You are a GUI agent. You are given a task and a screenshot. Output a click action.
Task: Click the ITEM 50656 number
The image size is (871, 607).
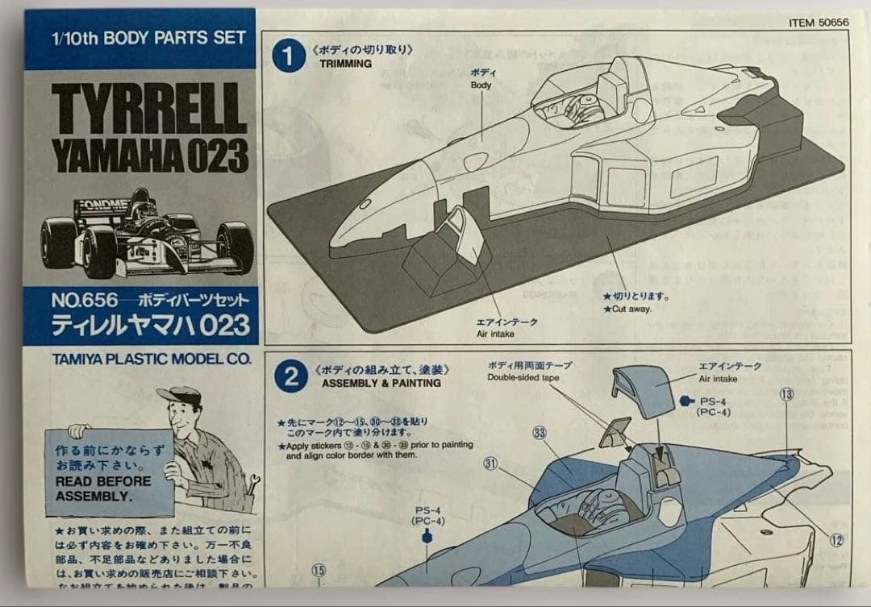819,23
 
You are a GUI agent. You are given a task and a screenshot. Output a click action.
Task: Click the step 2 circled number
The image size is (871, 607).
291,376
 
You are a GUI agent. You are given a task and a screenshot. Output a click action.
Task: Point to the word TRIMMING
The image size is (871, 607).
346,64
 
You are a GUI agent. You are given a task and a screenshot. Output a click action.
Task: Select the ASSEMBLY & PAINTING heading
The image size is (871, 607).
381,383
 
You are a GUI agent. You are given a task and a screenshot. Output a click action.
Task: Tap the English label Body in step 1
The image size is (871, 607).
481,85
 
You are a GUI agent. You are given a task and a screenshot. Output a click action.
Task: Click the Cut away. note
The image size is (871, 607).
627,309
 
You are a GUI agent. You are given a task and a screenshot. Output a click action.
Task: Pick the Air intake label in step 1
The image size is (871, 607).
495,334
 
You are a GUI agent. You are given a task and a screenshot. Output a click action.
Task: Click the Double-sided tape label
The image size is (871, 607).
523,377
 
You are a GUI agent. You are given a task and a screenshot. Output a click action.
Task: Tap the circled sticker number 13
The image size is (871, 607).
786,394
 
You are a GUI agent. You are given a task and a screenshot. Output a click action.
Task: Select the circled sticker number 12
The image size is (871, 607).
836,540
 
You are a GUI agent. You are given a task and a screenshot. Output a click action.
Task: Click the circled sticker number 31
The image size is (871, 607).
490,463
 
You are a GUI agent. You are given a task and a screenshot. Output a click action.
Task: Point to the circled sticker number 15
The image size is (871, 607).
319,570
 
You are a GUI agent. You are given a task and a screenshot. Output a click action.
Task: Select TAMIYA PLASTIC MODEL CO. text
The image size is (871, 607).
141,359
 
